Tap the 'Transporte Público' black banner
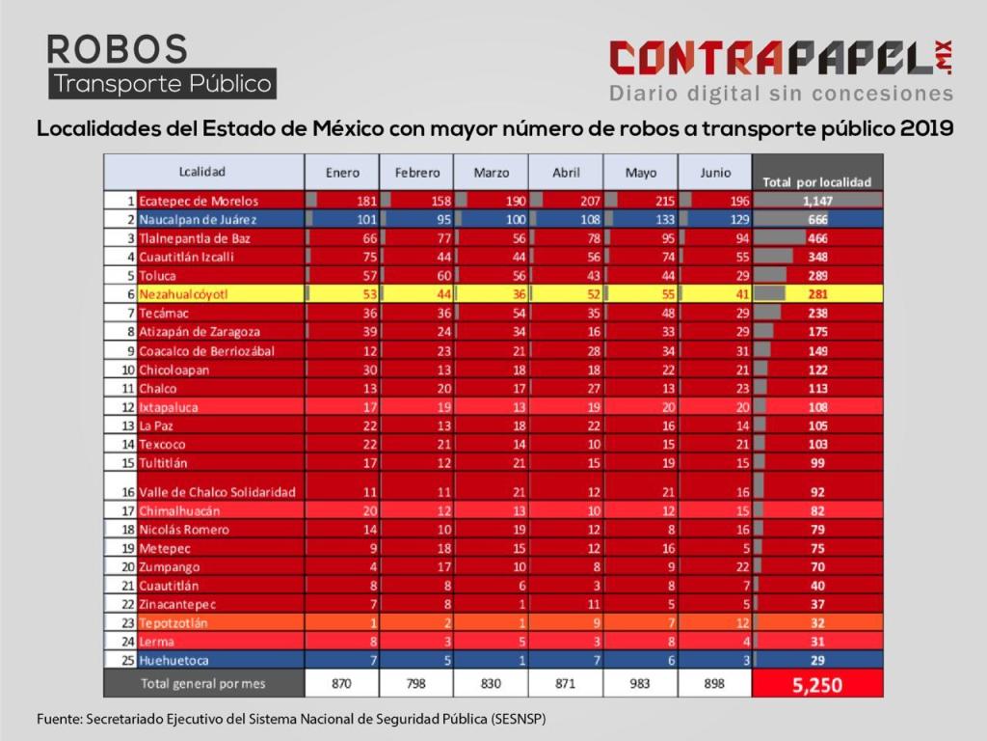[163, 84]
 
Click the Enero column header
[342, 173]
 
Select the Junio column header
[714, 173]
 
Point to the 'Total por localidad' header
[816, 181]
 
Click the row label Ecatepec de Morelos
[199, 201]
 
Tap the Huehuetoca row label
[173, 660]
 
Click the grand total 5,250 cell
[817, 684]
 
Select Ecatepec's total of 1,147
[817, 201]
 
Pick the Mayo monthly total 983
[640, 683]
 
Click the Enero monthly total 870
[342, 683]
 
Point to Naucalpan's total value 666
[818, 219]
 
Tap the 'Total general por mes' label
[202, 683]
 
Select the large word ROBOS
[117, 48]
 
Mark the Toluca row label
[158, 275]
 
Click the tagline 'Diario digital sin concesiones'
[781, 94]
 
